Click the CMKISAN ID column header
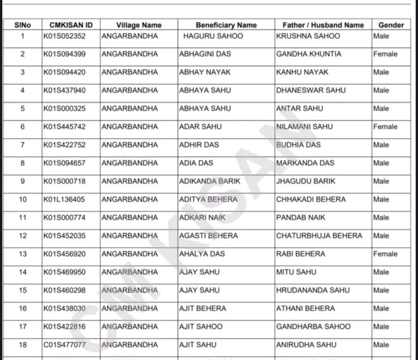coord(71,25)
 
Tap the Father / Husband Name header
coord(323,25)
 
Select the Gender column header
coord(391,25)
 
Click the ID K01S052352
coord(65,36)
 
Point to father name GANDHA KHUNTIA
coord(309,54)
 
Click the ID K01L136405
coord(64,199)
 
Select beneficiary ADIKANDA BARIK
coord(210,181)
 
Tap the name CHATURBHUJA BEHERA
coord(319,236)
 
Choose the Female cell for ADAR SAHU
coord(385,127)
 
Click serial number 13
coord(23,254)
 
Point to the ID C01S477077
coord(65,345)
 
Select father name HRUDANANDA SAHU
coord(313,290)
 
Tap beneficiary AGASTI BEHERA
coord(209,236)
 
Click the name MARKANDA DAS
coord(305,163)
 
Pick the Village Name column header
coord(139,25)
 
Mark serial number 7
coord(23,145)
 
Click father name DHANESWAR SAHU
coord(311,90)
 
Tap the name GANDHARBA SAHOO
coord(313,326)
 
